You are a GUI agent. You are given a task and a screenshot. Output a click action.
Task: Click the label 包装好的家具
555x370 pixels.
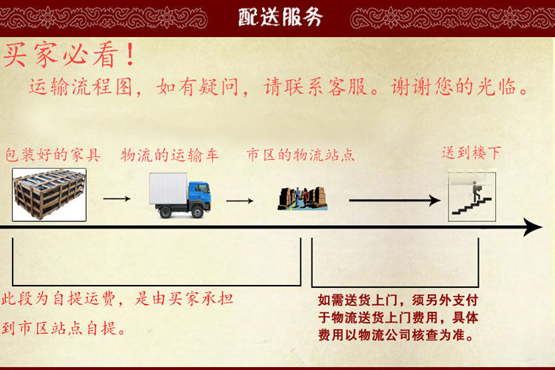53,155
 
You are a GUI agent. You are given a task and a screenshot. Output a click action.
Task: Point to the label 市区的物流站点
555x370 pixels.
300,155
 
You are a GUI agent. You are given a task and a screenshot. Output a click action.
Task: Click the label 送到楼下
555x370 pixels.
471,153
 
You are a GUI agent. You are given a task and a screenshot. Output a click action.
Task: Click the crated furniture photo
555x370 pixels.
49,195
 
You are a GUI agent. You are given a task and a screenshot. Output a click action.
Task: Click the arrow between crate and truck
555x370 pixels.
116,199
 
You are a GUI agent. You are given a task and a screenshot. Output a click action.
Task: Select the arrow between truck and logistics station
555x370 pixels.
240,201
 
